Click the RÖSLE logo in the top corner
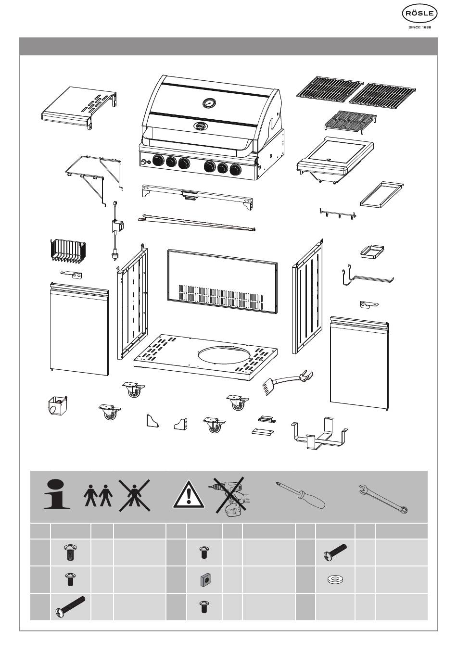(419, 15)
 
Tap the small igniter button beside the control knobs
(143, 163)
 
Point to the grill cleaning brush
(286, 381)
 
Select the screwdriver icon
(301, 495)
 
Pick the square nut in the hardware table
(204, 580)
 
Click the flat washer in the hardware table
(334, 580)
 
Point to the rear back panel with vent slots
(222, 280)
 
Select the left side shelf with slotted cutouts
(80, 106)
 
